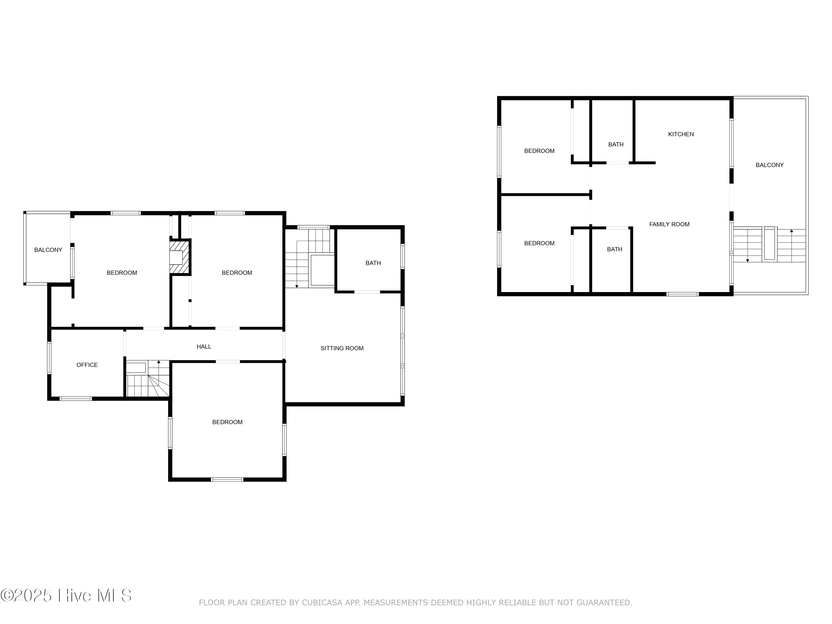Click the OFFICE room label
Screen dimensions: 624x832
87,365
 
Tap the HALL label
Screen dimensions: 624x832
204,346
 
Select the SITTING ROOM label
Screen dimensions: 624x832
342,348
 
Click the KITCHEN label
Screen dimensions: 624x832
681,134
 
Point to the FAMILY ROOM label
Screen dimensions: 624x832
669,224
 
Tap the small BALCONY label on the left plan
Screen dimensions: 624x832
48,250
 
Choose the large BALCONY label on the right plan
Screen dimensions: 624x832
770,165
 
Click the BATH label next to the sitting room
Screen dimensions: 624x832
373,263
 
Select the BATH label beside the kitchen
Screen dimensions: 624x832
616,144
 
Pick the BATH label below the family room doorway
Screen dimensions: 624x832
615,249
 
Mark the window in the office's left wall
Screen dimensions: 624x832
49,358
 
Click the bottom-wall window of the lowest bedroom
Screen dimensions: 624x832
227,480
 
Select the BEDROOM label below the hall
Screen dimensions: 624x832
227,422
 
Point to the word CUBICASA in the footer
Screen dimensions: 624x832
322,603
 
